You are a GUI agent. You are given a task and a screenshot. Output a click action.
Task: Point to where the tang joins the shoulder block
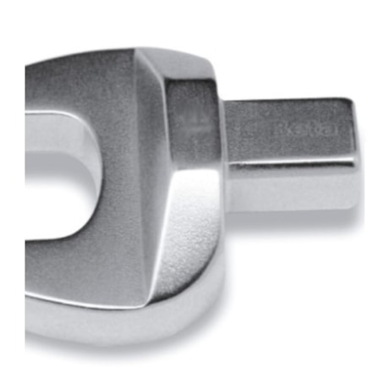click(227, 144)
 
